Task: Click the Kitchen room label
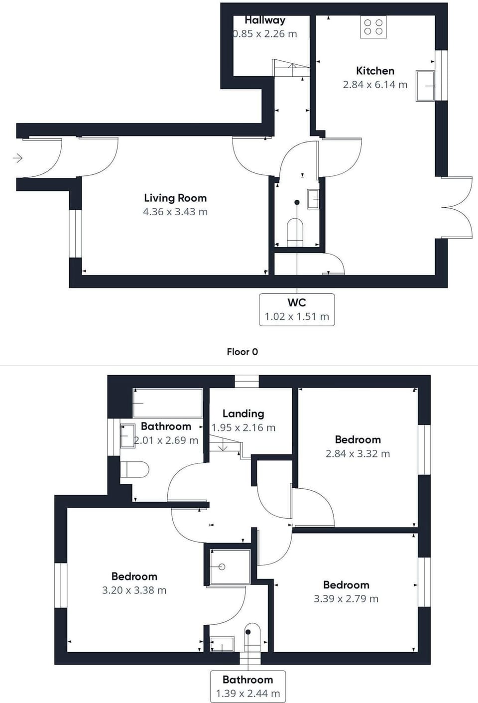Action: coord(375,71)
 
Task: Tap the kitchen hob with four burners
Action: coord(373,27)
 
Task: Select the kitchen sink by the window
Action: coord(425,86)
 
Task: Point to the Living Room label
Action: coord(175,198)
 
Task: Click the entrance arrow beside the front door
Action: coord(17,157)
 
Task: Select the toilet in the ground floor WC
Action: coord(295,233)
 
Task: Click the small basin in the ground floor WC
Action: coord(313,199)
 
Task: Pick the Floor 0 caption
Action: coord(242,352)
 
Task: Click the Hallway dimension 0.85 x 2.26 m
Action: coord(265,33)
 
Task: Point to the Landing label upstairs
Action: coord(243,414)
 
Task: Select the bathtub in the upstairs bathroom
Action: coord(168,403)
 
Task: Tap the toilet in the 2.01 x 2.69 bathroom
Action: coord(134,469)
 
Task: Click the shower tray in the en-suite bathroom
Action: coord(230,567)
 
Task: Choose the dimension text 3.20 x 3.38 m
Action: coord(134,590)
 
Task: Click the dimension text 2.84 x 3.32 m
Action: coord(358,454)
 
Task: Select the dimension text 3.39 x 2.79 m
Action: coord(346,599)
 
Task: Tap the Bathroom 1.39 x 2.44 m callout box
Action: coord(248,687)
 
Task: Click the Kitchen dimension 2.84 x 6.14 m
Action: coord(375,84)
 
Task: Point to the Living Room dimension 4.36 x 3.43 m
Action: coord(175,212)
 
